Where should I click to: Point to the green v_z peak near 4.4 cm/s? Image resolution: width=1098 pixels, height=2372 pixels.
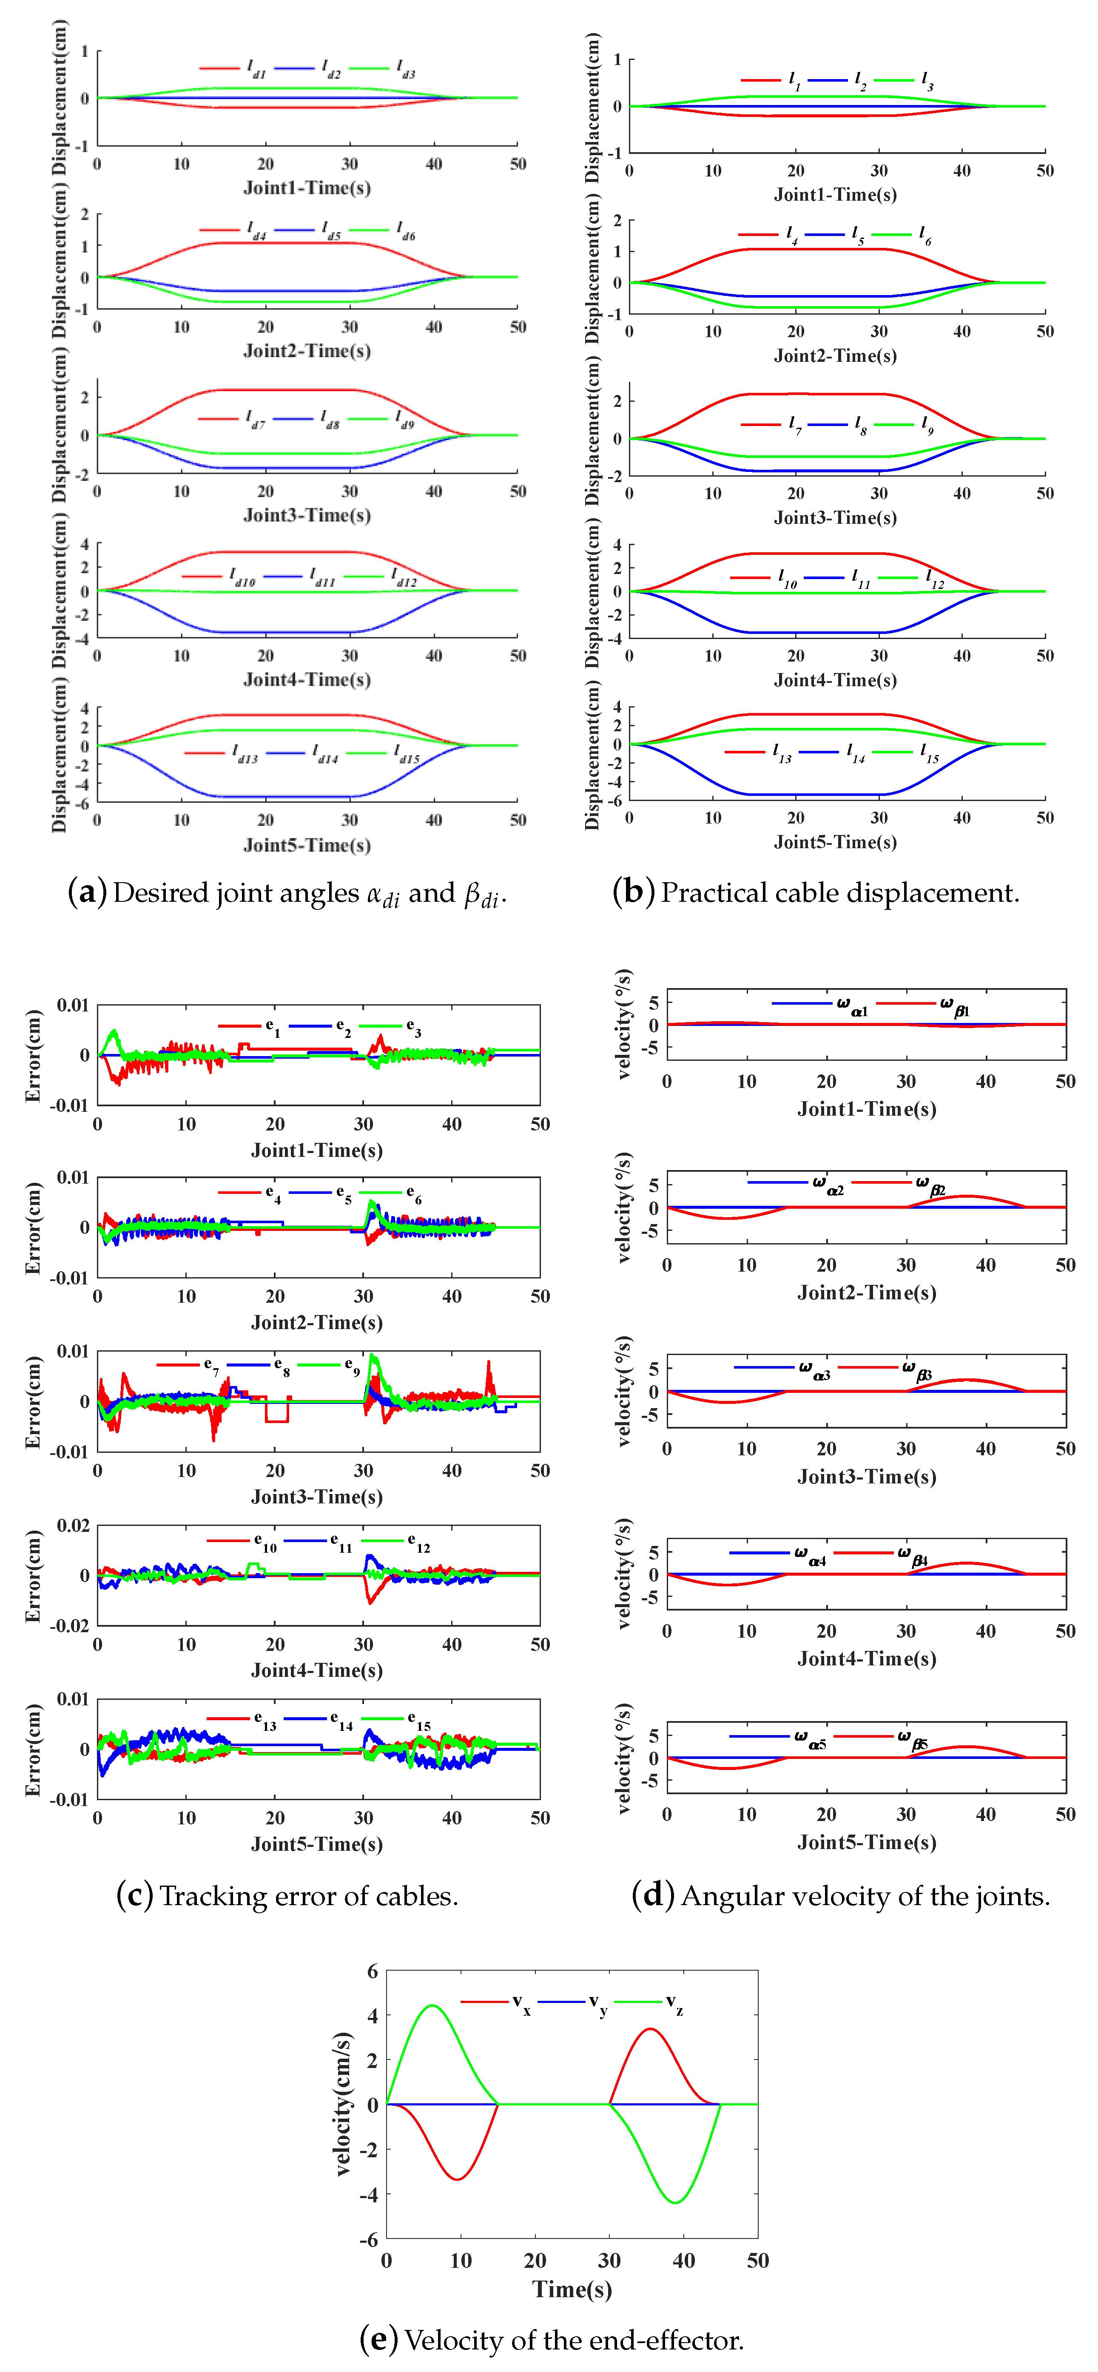[433, 2006]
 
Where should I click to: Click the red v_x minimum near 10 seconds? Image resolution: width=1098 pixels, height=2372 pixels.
[458, 2179]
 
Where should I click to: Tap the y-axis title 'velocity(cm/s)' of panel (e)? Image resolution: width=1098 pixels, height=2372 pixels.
[343, 2104]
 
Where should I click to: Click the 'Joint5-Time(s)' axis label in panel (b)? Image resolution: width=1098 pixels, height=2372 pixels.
[834, 842]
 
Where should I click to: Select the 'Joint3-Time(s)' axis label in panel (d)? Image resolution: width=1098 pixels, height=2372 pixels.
[866, 1476]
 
